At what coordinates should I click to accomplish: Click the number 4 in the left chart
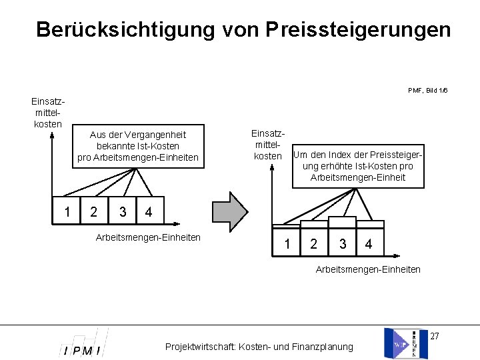[149, 213]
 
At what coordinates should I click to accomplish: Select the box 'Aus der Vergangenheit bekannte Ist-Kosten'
[138, 146]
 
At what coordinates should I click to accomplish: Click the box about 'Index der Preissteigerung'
[358, 166]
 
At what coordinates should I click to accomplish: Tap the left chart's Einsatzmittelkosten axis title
[47, 112]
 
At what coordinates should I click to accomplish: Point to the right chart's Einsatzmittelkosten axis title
[267, 144]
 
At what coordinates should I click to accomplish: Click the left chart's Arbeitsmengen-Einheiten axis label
[149, 237]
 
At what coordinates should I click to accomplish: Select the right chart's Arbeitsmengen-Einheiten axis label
[368, 269]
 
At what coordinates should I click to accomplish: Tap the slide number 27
[434, 335]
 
